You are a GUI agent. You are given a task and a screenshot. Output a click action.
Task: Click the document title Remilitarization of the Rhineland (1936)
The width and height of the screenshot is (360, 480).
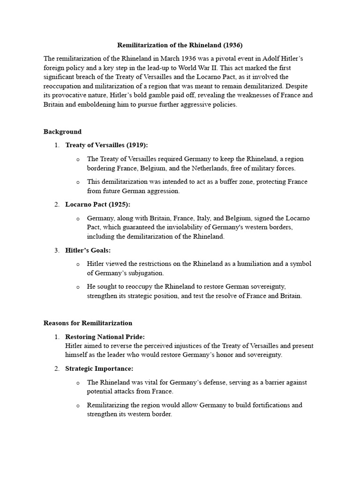[x=180, y=45]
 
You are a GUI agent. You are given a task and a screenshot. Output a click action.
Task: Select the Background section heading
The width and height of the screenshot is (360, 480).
[x=62, y=132]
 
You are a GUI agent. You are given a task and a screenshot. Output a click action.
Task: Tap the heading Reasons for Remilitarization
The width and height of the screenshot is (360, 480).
[x=88, y=323]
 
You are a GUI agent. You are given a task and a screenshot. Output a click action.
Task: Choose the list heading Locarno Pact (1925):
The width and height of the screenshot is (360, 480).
[x=97, y=204]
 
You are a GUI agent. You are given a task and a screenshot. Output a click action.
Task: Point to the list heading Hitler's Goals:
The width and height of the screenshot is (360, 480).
[x=88, y=250]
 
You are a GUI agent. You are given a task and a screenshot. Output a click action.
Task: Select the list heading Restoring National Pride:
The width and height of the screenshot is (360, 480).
[x=105, y=337]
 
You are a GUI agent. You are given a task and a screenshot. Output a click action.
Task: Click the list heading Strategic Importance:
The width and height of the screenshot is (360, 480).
[x=99, y=369]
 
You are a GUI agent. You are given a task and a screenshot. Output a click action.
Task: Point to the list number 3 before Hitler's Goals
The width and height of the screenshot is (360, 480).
[x=56, y=250]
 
